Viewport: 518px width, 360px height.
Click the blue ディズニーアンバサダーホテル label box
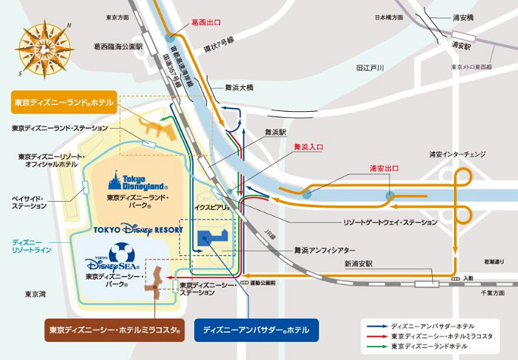coord(256,331)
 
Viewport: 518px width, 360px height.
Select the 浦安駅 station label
coord(459,46)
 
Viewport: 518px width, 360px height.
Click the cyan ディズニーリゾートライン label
coord(32,246)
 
